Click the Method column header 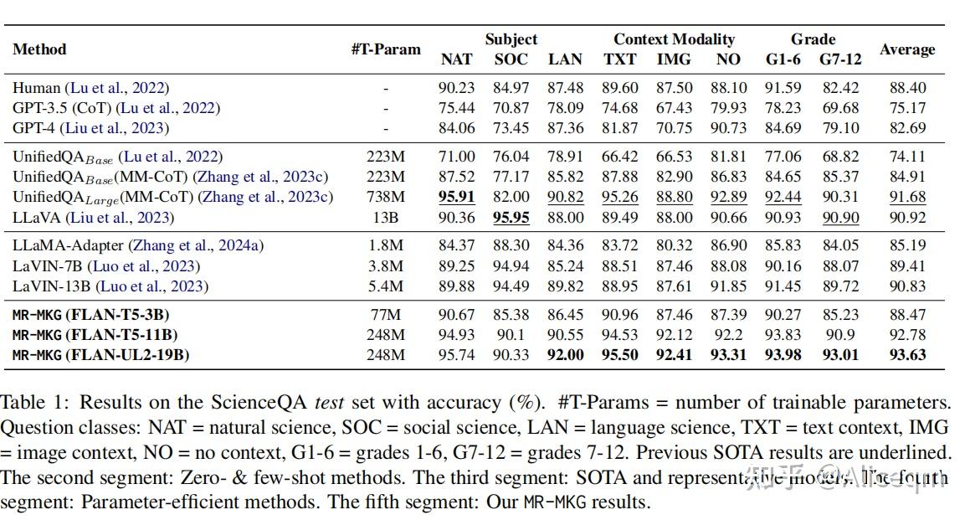[x=39, y=49]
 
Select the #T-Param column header [x=386, y=49]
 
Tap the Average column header [x=907, y=49]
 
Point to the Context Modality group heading [x=674, y=39]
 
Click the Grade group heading [x=813, y=39]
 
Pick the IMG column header [x=674, y=59]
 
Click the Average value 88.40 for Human [x=908, y=88]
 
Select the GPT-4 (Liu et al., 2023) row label [x=90, y=128]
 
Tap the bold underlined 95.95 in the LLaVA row [x=511, y=217]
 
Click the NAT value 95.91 [x=456, y=197]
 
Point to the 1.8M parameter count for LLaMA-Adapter [x=386, y=245]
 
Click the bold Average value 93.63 [x=908, y=354]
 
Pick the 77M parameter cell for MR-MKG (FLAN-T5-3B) [x=386, y=314]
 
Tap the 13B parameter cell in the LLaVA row [x=386, y=217]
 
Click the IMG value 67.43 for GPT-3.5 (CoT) [x=674, y=108]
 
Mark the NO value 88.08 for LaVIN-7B [x=728, y=265]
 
